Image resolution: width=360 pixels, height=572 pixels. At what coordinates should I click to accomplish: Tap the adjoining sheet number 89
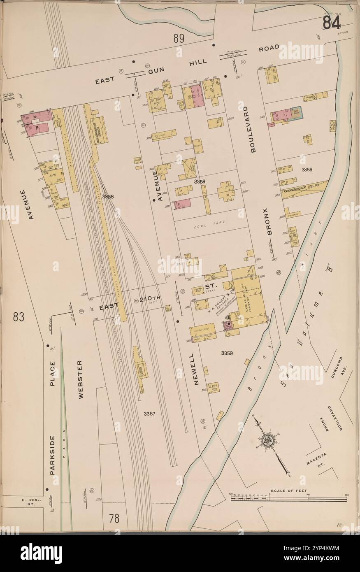tap(178, 39)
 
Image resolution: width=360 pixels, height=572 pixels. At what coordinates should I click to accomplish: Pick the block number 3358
tap(108, 197)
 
